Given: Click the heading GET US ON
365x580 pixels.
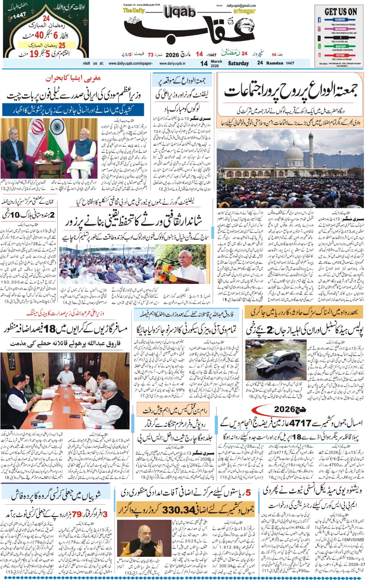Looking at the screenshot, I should (340, 12).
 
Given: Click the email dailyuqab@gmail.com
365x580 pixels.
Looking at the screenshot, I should (241, 6).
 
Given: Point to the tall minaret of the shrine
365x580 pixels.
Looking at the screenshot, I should (311, 147).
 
